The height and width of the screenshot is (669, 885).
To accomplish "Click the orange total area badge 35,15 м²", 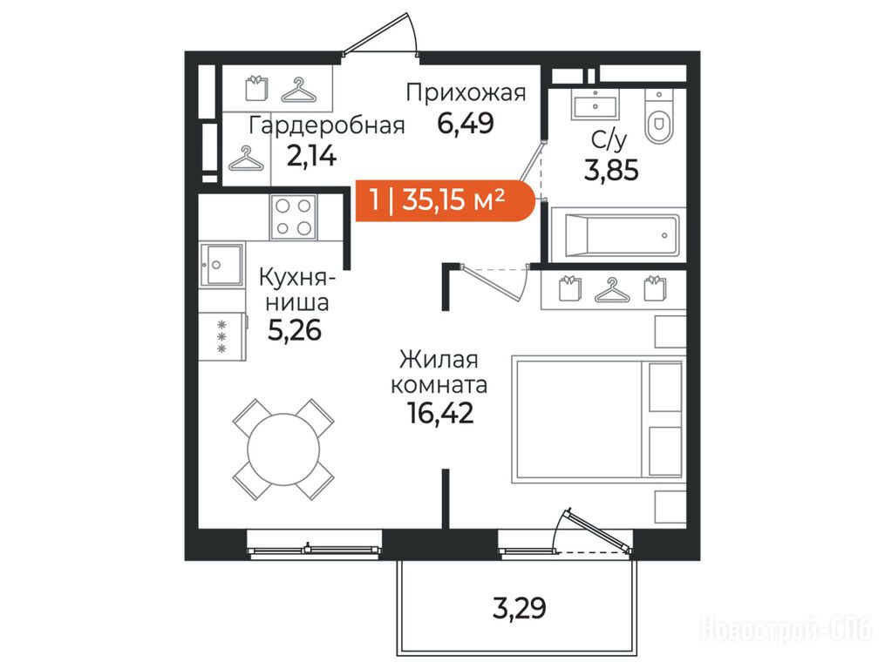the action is pos(445,200).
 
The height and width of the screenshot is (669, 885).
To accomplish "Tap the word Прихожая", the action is pos(466,92).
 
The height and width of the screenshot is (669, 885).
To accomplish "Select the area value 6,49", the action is pos(466,123).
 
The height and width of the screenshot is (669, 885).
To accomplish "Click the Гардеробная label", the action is pos(327,125).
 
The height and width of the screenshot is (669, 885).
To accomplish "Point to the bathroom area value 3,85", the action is pos(611,170).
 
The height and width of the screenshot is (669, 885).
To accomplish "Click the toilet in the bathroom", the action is pos(658,117).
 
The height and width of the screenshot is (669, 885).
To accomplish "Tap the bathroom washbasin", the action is pos(595,105).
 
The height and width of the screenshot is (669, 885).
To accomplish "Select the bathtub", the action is pos(617,235).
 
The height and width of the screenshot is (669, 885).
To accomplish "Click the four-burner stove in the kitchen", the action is pos(293,217).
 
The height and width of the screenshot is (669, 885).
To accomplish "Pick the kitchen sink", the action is pos(221,265).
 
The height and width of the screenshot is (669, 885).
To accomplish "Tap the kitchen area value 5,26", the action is pos(294,330).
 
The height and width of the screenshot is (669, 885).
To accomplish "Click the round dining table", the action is pos(283,449).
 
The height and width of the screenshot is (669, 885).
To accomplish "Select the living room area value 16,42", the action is pos(440,414).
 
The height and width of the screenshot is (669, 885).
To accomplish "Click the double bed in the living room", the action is pos(598,418).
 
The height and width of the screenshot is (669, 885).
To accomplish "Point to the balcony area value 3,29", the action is pos(520,609).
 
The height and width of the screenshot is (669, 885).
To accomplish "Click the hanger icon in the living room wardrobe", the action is pos(611,290).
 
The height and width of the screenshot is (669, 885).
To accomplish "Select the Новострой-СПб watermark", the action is pos(786,630).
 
